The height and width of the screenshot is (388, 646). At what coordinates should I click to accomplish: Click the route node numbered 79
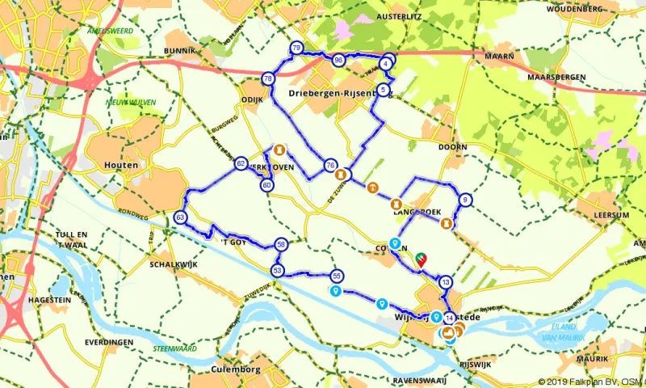(x=296, y=48)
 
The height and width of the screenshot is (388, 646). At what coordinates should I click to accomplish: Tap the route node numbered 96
(x=338, y=59)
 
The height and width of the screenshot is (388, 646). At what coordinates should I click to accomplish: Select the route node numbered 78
(x=268, y=78)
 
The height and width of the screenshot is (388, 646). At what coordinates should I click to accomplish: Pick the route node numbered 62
(x=241, y=164)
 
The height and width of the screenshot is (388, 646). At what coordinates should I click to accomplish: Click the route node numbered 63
(x=180, y=217)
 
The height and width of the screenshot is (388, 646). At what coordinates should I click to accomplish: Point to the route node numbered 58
(x=280, y=243)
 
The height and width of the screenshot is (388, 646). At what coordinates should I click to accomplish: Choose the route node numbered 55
(x=337, y=276)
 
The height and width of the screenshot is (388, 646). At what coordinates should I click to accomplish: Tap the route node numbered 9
(x=465, y=200)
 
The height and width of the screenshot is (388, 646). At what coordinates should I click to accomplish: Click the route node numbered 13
(x=446, y=283)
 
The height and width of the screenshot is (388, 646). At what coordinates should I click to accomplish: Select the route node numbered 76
(x=329, y=165)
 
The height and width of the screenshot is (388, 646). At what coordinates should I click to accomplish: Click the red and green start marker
(x=421, y=258)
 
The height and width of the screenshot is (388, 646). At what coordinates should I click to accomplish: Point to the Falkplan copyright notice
(x=588, y=382)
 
